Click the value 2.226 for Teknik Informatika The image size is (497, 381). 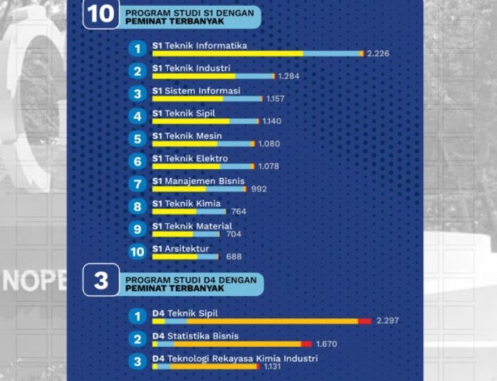pos(378,54)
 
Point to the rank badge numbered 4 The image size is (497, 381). pos(138,116)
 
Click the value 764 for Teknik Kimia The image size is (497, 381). pos(239,211)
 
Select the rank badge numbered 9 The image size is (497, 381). pos(138,228)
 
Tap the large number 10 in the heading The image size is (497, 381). pos(101,15)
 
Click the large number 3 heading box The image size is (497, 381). pos(101,281)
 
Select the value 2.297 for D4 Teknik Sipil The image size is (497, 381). pos(388,321)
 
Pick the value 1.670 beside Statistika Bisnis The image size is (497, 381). pos(326,344)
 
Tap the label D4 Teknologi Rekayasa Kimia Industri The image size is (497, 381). pos(234,358)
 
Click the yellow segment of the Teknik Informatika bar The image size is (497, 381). pos(227,54)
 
